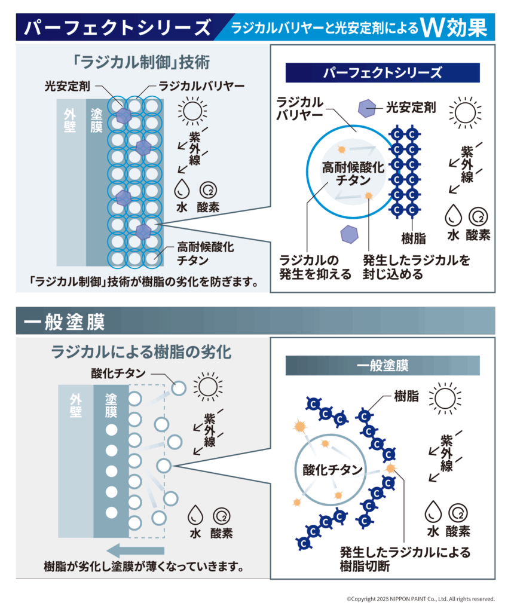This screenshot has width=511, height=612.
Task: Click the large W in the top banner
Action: click(x=432, y=27)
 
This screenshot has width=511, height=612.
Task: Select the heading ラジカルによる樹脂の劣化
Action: click(x=141, y=351)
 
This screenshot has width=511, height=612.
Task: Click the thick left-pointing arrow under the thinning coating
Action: click(x=134, y=550)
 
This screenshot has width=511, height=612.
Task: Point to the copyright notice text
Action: click(x=420, y=598)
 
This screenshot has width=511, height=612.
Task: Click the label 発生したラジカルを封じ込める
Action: click(x=416, y=267)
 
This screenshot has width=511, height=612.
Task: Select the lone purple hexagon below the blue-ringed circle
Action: click(x=349, y=234)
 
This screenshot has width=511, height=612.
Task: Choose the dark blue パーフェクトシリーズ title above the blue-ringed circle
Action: click(x=383, y=73)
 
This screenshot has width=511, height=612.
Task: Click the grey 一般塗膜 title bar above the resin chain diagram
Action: click(x=383, y=365)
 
